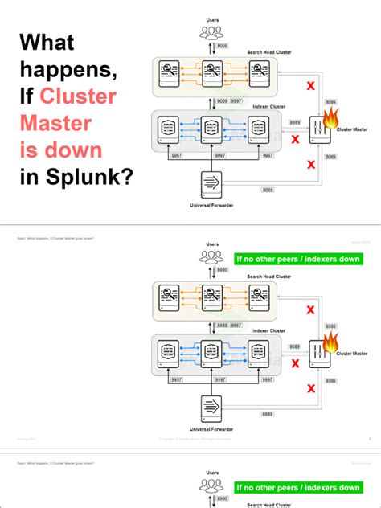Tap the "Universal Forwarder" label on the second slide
tap(211, 429)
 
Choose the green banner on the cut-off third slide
tap(297, 487)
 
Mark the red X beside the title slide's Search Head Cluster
tap(309, 85)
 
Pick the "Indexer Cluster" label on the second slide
tap(269, 330)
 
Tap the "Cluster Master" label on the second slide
tap(353, 352)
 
